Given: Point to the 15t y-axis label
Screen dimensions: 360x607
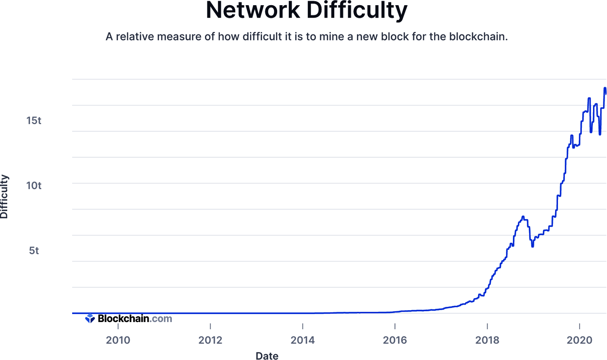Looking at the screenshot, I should pos(34,121).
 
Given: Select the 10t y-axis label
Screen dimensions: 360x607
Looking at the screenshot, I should pos(34,186).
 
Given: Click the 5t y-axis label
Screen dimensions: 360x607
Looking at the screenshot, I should pos(34,251).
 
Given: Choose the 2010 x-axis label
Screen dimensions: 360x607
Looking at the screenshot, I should pos(118,340).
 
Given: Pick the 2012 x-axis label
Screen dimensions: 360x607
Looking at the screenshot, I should pos(210,340).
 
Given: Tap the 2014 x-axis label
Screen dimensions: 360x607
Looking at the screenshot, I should pos(303,340).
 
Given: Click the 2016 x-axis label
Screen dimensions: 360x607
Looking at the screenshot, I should pos(395,340).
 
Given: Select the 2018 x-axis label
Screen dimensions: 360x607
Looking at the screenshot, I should pos(487,340).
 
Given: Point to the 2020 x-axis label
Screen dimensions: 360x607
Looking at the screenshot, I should pos(579,340).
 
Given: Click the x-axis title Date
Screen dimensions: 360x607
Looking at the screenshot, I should pos(267,356).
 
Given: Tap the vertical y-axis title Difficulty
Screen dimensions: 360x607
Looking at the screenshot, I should pos(4,196).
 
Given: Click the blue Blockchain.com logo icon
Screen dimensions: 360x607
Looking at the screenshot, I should pos(90,318).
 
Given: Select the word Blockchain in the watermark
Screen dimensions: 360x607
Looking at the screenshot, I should pos(123,318).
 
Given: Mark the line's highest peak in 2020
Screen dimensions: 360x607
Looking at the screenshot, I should pos(605,88).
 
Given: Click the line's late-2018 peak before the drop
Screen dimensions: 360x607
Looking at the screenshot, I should pos(523,217).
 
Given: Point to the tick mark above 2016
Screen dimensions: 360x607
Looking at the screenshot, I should pos(395,326).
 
